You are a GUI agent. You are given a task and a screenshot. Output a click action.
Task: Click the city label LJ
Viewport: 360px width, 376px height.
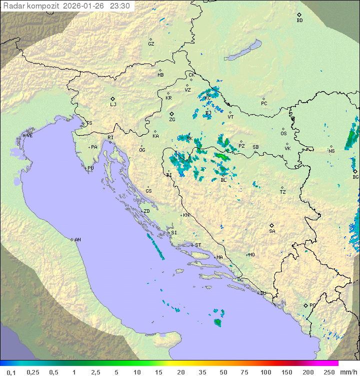click(113, 105)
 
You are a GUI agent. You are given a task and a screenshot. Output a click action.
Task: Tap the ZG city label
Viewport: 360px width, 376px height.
click(172, 120)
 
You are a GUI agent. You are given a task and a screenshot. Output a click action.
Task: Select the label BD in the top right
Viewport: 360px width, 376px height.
click(299, 21)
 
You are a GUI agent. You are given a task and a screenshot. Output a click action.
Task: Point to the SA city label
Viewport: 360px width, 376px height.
click(272, 231)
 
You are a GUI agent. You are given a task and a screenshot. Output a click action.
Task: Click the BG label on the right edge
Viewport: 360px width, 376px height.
click(355, 177)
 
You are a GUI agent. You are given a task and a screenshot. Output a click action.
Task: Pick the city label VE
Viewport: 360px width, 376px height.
click(29, 136)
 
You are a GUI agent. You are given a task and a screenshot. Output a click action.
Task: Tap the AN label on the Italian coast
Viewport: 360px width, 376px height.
click(77, 240)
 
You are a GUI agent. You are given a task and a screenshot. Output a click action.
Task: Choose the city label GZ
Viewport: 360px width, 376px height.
click(151, 44)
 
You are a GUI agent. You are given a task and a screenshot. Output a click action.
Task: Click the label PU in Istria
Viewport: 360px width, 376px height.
click(90, 168)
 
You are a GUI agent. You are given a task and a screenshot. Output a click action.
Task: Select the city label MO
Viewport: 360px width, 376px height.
click(251, 254)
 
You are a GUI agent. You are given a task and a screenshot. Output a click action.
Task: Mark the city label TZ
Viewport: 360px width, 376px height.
click(283, 192)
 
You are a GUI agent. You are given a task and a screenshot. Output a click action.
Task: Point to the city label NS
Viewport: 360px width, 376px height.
click(331, 151)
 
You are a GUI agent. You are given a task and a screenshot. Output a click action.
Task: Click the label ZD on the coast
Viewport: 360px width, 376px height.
click(146, 211)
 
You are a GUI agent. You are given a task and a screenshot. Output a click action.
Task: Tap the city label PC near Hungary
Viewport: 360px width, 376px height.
click(264, 104)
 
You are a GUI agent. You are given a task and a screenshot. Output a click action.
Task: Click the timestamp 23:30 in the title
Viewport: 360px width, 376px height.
click(120, 6)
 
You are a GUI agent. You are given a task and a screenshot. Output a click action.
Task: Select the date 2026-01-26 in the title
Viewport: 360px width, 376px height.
click(84, 6)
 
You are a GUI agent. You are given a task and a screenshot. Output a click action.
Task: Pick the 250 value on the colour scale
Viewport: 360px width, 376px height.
click(329, 372)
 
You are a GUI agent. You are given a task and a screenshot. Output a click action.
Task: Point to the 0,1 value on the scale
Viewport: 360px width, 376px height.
click(11, 372)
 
